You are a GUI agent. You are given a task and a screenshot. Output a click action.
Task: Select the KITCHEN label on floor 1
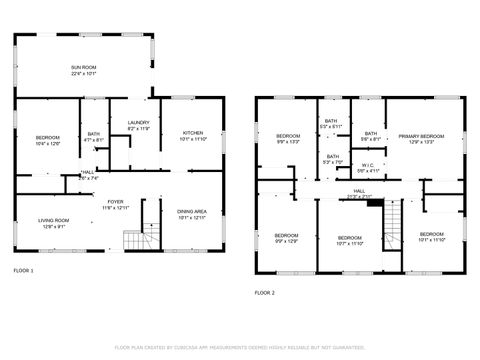(193, 135)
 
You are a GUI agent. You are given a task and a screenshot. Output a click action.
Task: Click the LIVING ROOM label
(54, 223)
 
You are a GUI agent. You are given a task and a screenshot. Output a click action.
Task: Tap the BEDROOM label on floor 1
(48, 139)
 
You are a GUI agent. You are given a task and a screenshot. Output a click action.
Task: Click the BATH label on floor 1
(94, 136)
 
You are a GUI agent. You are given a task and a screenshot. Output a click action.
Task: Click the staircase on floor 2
(393, 224)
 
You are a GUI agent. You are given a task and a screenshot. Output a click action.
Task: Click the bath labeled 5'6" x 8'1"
(370, 136)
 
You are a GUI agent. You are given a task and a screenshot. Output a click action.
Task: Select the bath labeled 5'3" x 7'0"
(332, 158)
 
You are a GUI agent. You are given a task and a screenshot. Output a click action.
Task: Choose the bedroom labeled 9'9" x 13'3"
(288, 138)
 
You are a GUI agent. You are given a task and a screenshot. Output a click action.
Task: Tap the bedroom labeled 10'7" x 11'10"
(350, 239)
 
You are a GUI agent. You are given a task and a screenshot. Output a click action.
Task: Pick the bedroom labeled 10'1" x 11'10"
(431, 236)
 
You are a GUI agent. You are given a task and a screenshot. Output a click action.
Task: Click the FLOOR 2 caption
(264, 293)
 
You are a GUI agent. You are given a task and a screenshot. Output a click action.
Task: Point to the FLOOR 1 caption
(23, 271)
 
